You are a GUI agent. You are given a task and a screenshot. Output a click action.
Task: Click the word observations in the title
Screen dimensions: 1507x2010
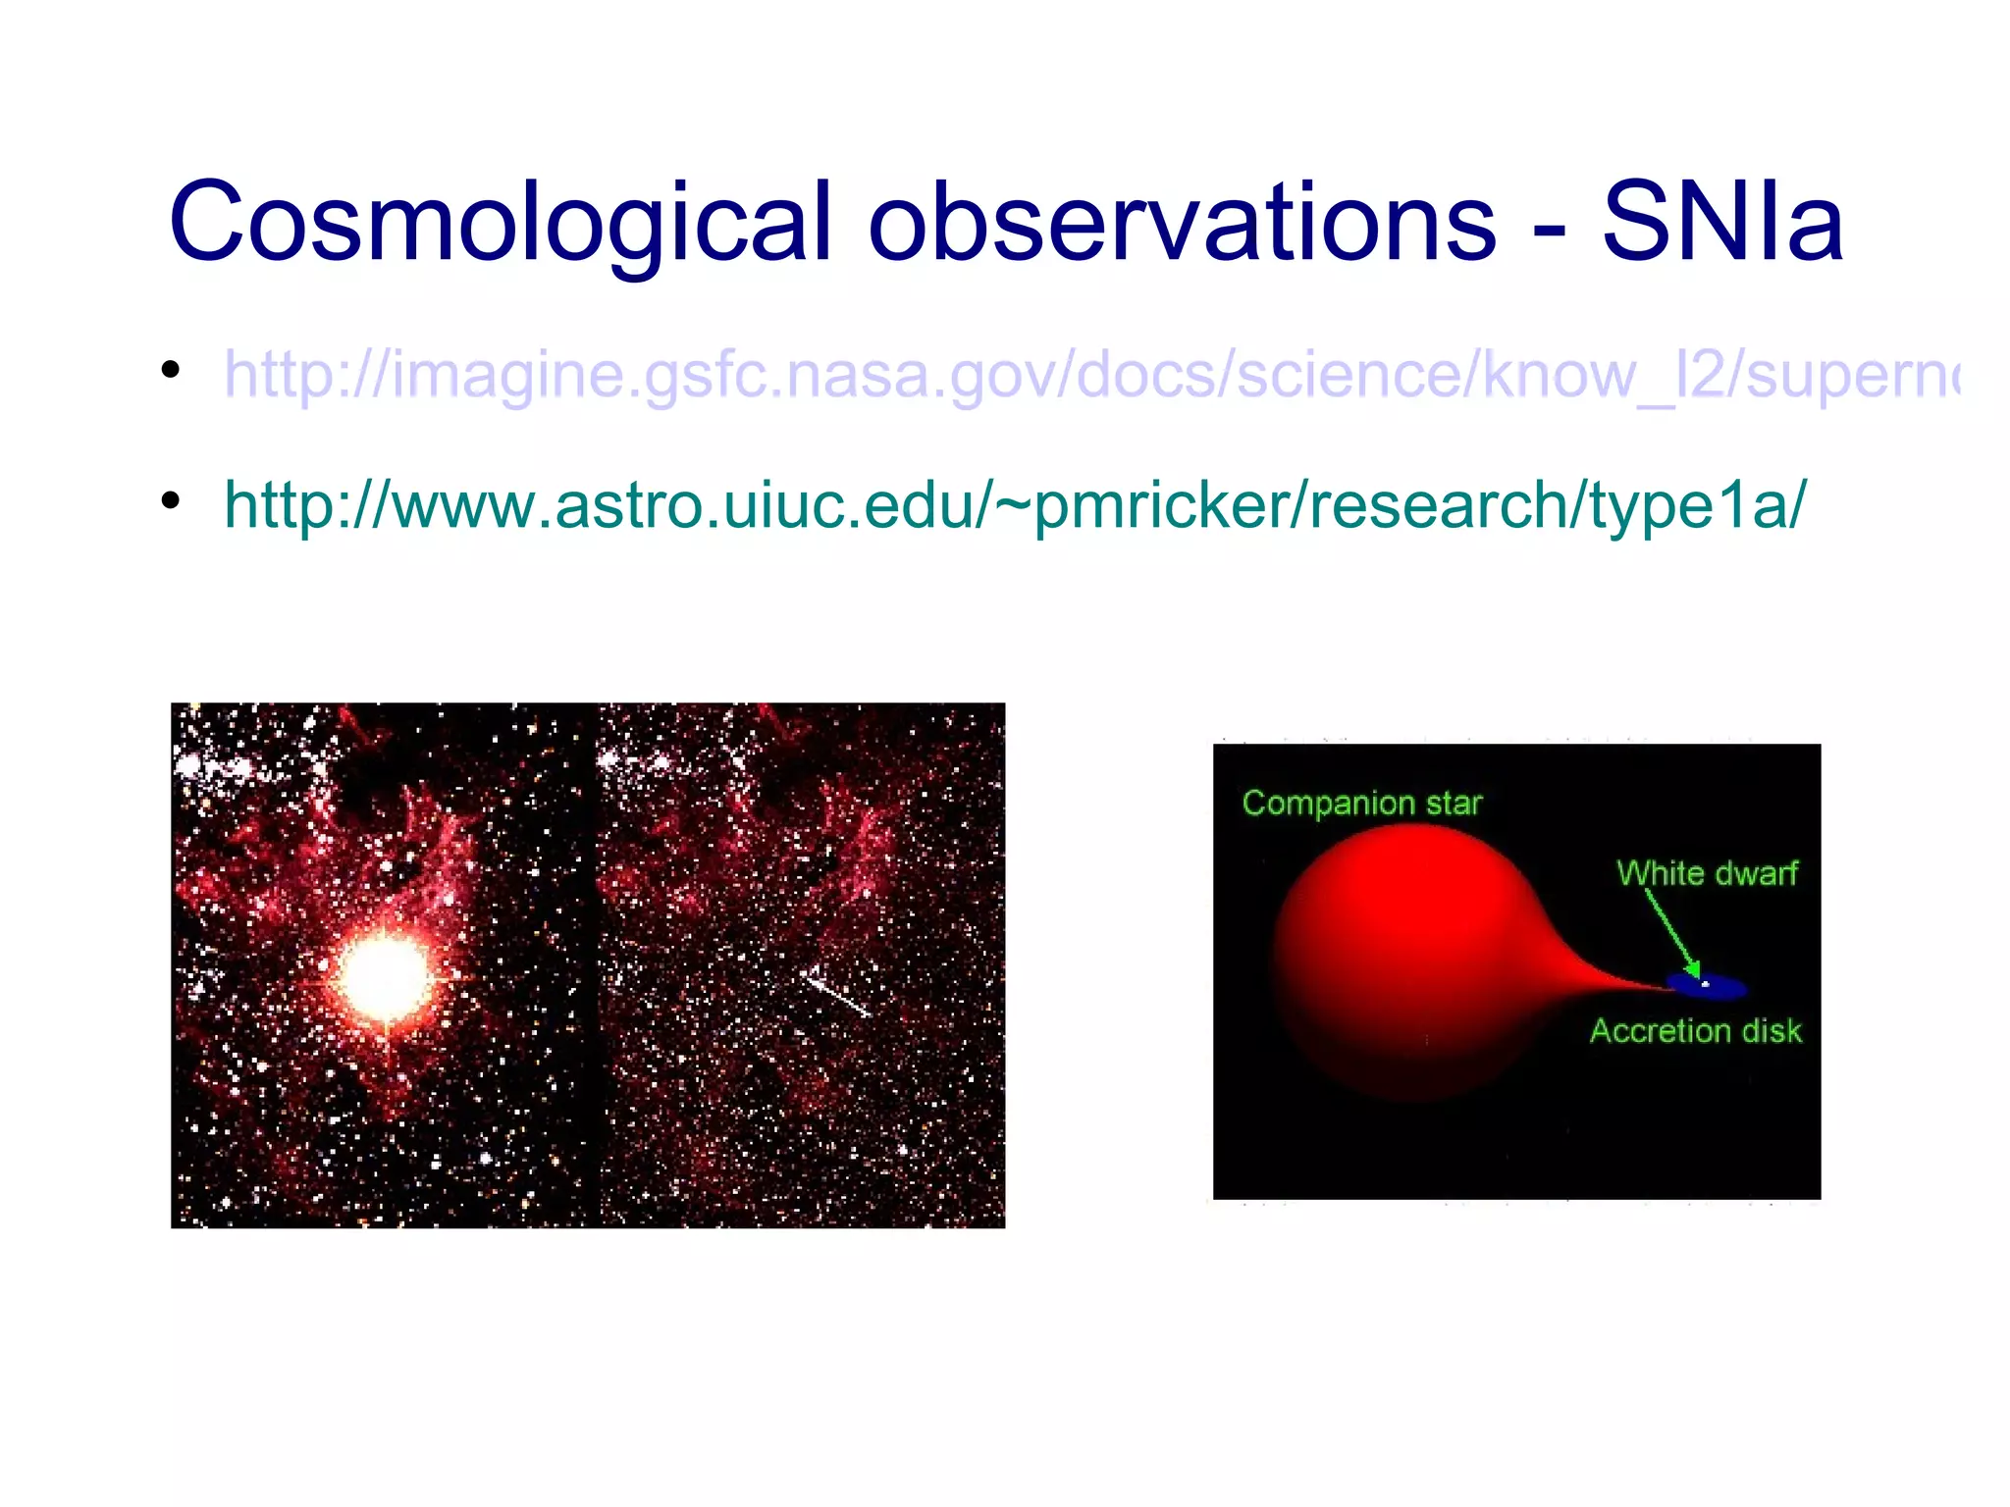click(x=1182, y=224)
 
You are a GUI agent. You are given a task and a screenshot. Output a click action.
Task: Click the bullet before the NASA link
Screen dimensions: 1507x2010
click(x=171, y=370)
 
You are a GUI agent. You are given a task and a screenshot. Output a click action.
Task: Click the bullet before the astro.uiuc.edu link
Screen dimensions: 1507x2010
click(x=171, y=500)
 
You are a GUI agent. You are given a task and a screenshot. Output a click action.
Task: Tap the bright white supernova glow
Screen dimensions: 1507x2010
click(x=384, y=976)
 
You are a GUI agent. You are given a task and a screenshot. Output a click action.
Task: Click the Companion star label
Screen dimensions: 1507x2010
click(x=1361, y=804)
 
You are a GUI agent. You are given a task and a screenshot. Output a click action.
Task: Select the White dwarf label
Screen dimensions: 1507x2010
click(x=1707, y=873)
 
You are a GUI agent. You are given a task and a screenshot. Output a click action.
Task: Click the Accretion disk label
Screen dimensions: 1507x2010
click(x=1696, y=1031)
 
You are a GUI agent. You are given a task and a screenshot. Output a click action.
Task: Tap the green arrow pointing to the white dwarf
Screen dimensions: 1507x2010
click(x=1672, y=932)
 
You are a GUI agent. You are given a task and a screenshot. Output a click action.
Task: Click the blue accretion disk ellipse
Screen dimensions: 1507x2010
click(x=1727, y=987)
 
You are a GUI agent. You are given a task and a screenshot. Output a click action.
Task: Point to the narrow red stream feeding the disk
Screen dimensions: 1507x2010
click(x=1610, y=977)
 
